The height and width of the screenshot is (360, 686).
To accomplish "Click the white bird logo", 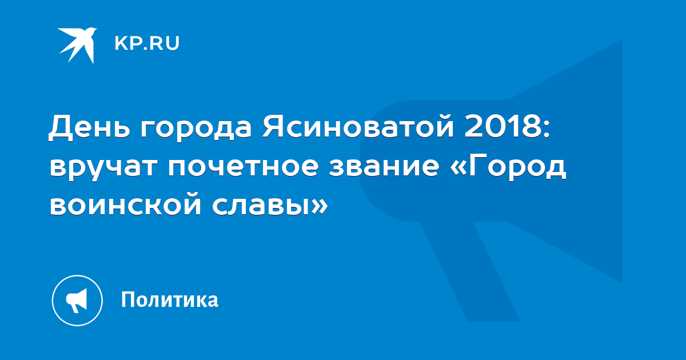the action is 77,45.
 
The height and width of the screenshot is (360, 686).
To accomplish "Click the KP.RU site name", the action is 147,43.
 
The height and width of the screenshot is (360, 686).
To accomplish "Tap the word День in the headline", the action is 89,126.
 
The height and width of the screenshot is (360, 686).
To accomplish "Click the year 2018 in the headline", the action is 504,126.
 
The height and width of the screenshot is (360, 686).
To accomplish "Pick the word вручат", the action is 103,169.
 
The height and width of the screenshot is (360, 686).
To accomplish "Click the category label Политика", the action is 170,299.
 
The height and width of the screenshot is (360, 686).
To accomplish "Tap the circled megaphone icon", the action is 77,301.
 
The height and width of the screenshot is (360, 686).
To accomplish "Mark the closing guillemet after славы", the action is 320,206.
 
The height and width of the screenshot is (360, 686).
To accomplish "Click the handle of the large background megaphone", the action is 470,271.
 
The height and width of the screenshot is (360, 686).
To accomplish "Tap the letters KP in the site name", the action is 127,43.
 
